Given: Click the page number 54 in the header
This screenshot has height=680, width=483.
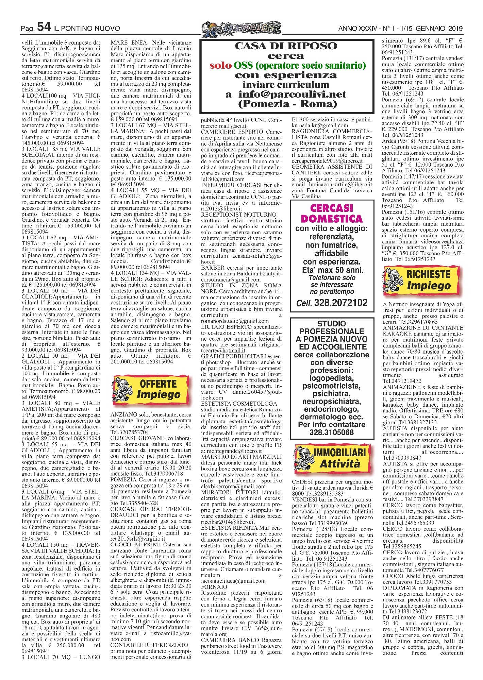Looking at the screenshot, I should [x=44, y=27].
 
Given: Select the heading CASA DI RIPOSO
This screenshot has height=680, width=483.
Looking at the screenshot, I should [x=286, y=46].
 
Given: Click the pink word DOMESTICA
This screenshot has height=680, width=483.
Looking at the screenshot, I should [x=332, y=219].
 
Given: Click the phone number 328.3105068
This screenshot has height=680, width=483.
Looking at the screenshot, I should [x=331, y=432].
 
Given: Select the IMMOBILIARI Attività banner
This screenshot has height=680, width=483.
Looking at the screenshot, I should [x=331, y=458].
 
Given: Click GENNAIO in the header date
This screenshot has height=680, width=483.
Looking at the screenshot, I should [x=432, y=29].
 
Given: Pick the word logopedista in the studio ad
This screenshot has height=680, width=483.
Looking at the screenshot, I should [x=331, y=378].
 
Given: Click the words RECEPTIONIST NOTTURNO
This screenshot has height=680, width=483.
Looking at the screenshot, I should [x=238, y=215].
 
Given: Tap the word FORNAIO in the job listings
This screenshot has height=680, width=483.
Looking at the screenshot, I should [x=214, y=587].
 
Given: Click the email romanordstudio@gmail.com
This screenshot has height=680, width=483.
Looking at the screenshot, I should [x=235, y=321].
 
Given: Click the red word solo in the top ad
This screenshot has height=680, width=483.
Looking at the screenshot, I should [x=220, y=65].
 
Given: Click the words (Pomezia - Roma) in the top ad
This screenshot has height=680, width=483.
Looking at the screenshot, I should [x=287, y=104].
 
